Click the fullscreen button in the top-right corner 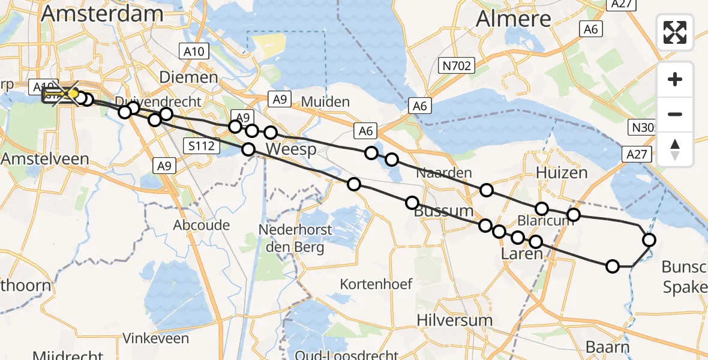(675, 32)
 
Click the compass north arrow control (675, 149)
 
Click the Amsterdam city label (94, 13)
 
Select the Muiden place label (325, 101)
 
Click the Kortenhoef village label (376, 284)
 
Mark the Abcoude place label (201, 225)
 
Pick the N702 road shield (456, 65)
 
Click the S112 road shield (201, 145)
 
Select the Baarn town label (607, 347)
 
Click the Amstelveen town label (45, 159)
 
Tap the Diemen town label (188, 77)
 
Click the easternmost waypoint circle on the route (649, 240)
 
